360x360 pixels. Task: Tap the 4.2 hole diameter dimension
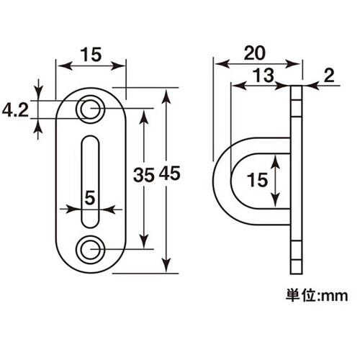(x=15, y=110)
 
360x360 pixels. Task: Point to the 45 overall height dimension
(x=169, y=174)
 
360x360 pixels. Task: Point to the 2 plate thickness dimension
(x=329, y=73)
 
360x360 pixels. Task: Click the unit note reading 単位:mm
(x=315, y=295)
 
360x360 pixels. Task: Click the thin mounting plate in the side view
(x=296, y=180)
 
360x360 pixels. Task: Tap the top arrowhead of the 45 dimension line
(x=168, y=93)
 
